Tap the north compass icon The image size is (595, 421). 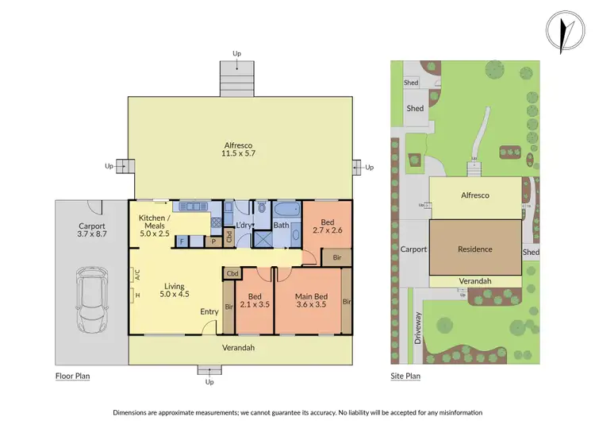tap(565, 32)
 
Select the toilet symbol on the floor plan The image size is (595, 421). tap(262, 209)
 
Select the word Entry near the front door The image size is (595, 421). tap(209, 311)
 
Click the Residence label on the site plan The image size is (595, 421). tap(475, 249)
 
